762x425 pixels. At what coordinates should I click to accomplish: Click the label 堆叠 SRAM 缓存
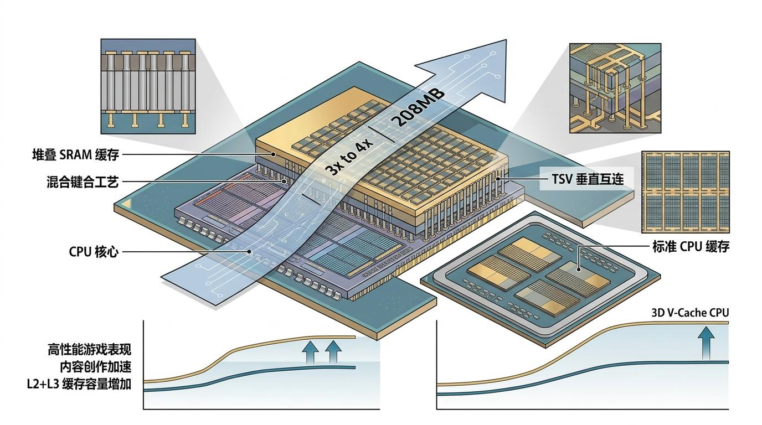pyautogui.click(x=75, y=155)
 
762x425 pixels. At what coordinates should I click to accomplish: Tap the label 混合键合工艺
pyautogui.click(x=83, y=182)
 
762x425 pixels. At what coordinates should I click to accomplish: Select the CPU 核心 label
pyautogui.click(x=94, y=252)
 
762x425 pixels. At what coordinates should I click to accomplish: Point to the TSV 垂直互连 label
pyautogui.click(x=588, y=179)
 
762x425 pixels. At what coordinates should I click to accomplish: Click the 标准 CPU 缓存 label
pyautogui.click(x=691, y=247)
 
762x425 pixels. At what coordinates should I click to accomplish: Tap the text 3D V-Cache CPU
pyautogui.click(x=691, y=313)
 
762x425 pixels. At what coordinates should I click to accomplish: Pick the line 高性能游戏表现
pyautogui.click(x=90, y=350)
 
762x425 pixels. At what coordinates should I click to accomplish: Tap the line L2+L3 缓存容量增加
pyautogui.click(x=79, y=384)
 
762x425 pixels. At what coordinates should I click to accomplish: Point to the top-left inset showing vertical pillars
pyautogui.click(x=148, y=86)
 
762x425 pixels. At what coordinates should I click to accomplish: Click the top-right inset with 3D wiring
pyautogui.click(x=615, y=89)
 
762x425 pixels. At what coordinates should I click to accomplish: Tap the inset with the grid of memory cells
pyautogui.click(x=685, y=192)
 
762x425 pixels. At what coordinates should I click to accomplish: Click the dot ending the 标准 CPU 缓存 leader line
pyautogui.click(x=579, y=269)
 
